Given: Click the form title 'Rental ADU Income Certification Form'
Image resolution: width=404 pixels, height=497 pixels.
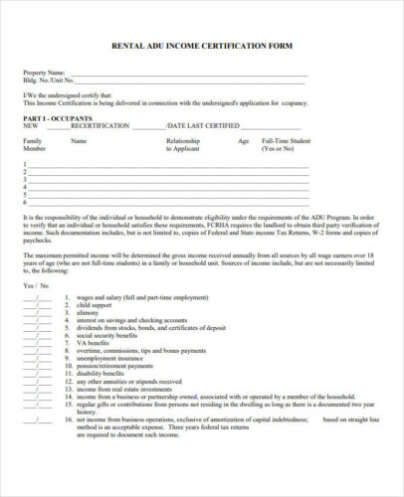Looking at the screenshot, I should pyautogui.click(x=201, y=46).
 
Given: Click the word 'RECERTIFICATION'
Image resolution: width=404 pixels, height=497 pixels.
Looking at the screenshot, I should pyautogui.click(x=99, y=126).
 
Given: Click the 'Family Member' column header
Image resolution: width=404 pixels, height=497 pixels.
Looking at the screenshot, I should pyautogui.click(x=34, y=145).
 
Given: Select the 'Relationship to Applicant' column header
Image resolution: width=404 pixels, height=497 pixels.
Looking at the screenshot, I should pyautogui.click(x=182, y=145).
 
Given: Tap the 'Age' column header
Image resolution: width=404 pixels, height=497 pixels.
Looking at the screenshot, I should pyautogui.click(x=243, y=141).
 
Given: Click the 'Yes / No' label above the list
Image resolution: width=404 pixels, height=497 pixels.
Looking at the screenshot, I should pyautogui.click(x=36, y=284).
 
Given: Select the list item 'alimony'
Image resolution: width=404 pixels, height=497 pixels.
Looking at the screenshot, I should pyautogui.click(x=90, y=313).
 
